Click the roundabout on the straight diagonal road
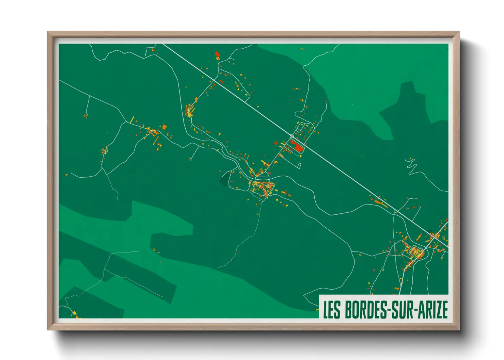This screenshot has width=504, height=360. click(x=292, y=136)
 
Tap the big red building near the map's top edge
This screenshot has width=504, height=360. click(x=217, y=54)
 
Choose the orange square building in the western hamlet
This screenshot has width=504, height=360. click(x=164, y=127)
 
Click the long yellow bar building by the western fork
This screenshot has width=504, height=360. click(x=132, y=119)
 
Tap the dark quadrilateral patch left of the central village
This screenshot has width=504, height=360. click(x=224, y=179)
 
